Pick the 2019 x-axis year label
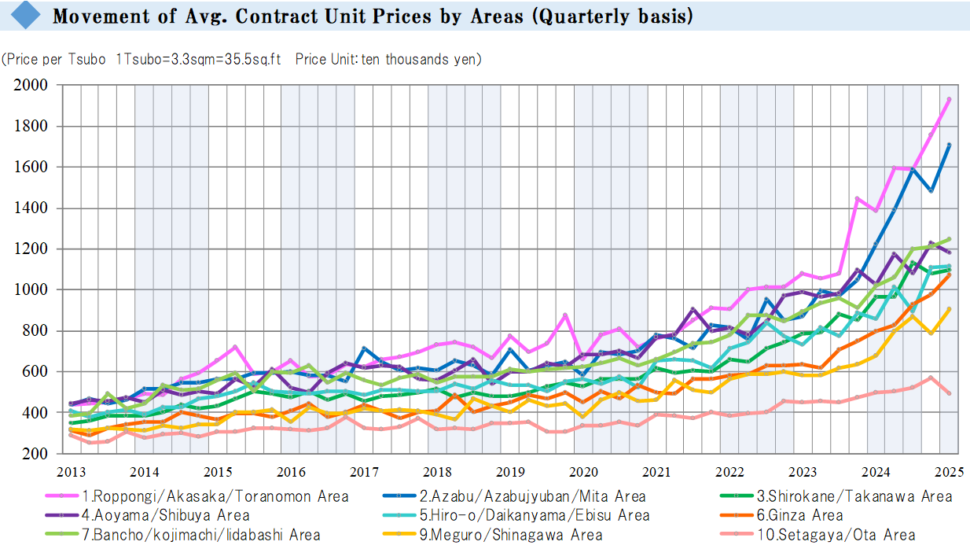(x=510, y=473)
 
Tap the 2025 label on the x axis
(x=950, y=473)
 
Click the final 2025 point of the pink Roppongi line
(x=949, y=99)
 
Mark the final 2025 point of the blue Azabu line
(x=950, y=145)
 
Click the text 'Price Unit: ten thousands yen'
(x=388, y=59)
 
